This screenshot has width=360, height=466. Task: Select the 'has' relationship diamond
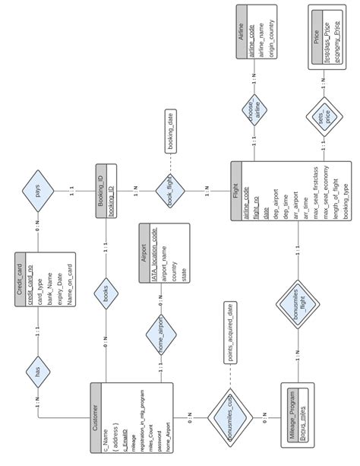click(38, 370)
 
